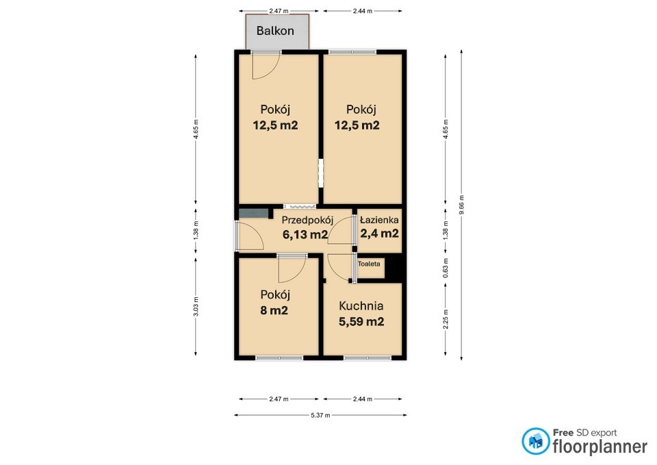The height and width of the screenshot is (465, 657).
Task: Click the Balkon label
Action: (275, 31)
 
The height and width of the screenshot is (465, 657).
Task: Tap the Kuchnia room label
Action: (361, 305)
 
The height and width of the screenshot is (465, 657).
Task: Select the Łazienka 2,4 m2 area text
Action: (380, 233)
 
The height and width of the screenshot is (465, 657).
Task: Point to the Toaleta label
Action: (369, 264)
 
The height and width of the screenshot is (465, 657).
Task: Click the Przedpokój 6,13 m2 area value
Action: (305, 234)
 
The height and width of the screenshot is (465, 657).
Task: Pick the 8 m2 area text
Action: (274, 311)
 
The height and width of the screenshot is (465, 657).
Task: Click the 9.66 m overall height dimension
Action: (461, 205)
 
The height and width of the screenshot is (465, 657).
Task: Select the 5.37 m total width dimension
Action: (320, 415)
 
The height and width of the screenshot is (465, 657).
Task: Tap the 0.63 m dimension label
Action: (446, 268)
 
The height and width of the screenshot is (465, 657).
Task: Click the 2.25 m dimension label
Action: (446, 318)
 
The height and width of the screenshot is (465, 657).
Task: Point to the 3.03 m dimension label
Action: (196, 307)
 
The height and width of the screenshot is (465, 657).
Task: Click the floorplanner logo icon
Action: (535, 441)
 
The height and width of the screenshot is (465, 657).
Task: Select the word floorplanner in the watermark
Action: (600, 447)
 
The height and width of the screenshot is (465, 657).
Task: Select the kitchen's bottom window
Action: (368, 358)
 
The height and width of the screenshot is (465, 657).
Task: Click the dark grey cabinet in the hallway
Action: (254, 214)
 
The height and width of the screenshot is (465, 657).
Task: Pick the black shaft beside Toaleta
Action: (394, 268)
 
